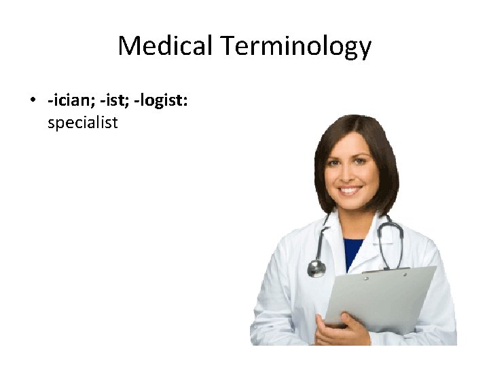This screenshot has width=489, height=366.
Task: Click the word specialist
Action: coord(82,123)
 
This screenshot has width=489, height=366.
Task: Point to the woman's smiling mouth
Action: coord(350,190)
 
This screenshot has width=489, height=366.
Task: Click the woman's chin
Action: coord(350,204)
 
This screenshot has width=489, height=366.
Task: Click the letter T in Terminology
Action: coord(227,46)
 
